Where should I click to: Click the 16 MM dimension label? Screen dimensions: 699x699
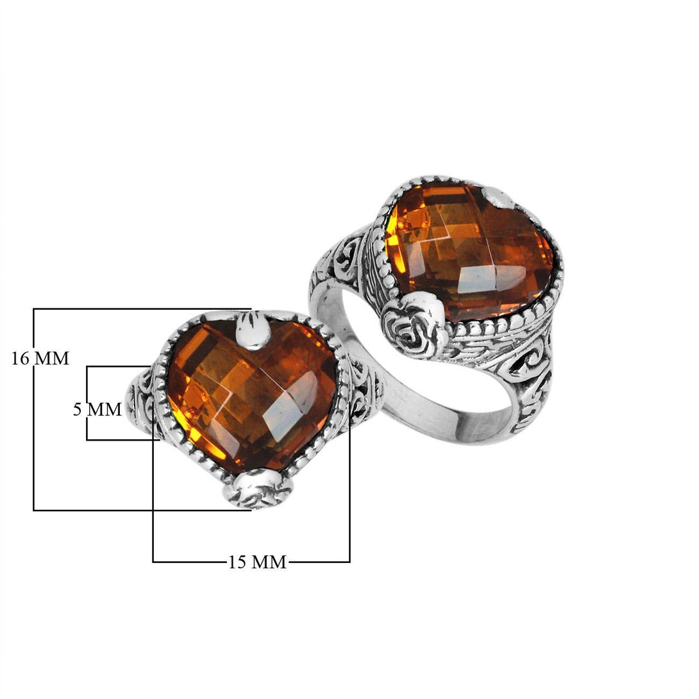pyautogui.click(x=40, y=358)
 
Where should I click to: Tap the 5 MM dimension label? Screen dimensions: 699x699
pyautogui.click(x=97, y=409)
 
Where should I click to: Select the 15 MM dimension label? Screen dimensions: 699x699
pyautogui.click(x=257, y=562)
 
